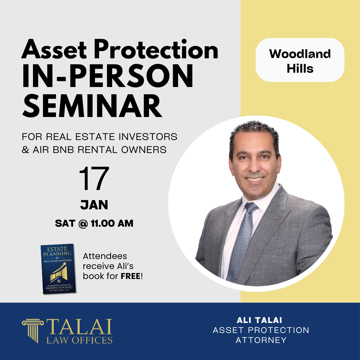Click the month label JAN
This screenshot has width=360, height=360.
[94, 205]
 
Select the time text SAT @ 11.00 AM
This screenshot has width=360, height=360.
[94, 223]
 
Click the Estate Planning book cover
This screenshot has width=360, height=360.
[58, 269]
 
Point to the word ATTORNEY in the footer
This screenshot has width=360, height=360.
[261, 340]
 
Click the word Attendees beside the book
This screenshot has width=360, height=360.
[105, 257]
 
